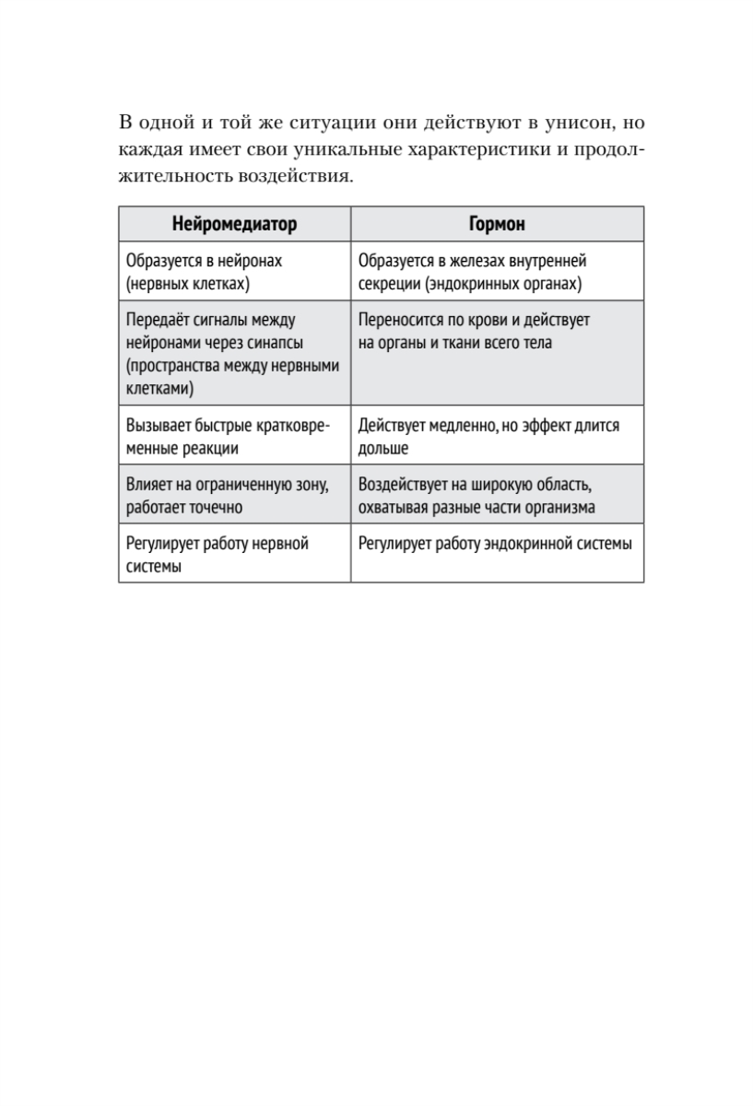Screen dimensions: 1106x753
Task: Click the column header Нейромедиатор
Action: (x=234, y=224)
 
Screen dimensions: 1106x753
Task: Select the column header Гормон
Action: (x=497, y=224)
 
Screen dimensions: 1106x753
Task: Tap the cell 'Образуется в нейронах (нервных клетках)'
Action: (x=234, y=272)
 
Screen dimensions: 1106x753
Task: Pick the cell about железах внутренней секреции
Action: (x=497, y=272)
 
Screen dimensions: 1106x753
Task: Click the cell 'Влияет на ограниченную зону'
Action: (x=234, y=496)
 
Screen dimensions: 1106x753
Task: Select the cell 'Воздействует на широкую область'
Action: (x=497, y=496)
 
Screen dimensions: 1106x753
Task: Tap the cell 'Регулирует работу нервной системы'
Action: (x=234, y=555)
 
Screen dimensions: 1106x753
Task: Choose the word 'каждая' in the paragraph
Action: (x=147, y=149)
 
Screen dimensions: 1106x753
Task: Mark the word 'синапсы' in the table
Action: (x=278, y=343)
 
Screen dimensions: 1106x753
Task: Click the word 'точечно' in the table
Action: (x=211, y=508)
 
